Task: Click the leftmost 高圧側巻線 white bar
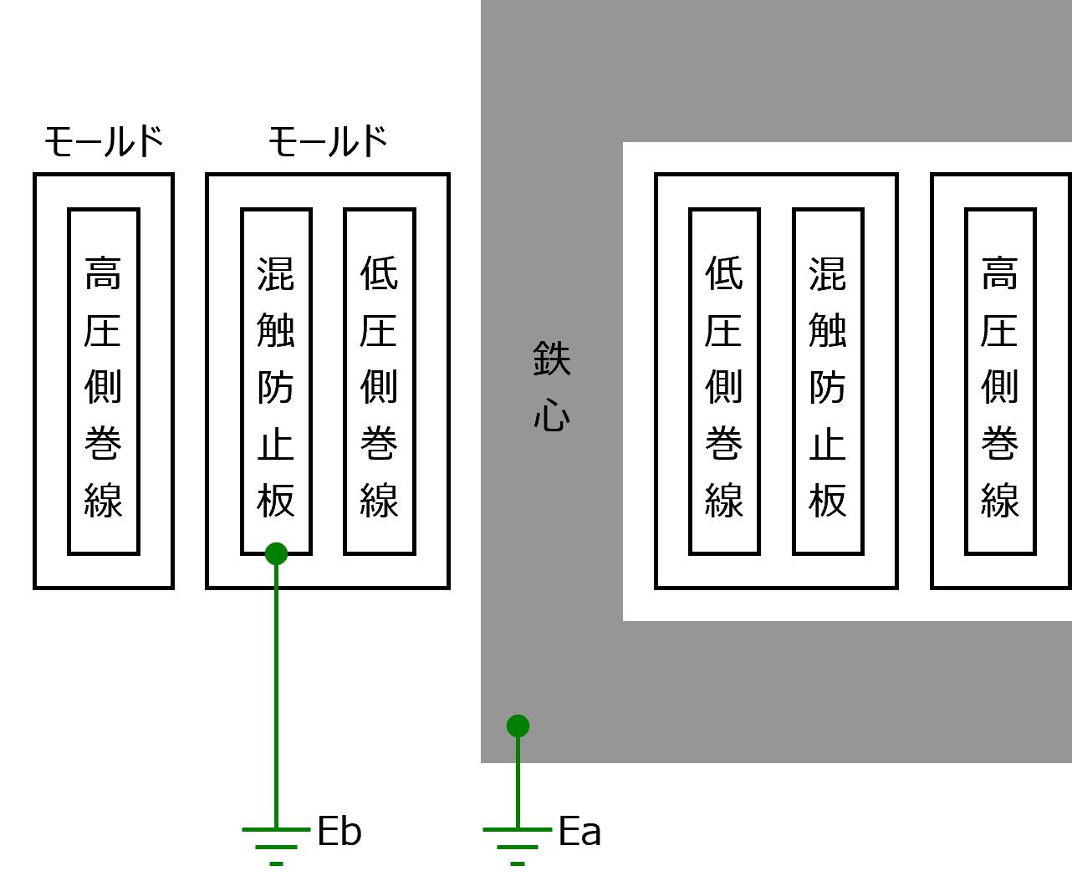point(104,381)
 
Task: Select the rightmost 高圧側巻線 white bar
point(1000,381)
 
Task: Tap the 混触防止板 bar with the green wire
point(276,381)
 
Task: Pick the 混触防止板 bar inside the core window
point(828,381)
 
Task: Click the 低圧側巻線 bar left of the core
point(380,381)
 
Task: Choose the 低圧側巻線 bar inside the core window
point(724,381)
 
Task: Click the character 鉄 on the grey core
point(552,359)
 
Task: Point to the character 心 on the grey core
point(552,415)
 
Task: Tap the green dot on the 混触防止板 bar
point(276,554)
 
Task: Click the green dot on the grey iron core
point(518,726)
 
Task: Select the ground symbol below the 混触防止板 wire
point(276,845)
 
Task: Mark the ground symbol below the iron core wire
point(518,845)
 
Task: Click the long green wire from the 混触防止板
point(276,694)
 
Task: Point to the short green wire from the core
point(518,782)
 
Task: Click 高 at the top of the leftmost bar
point(104,273)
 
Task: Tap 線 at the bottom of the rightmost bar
point(1000,500)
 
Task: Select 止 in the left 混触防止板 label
point(276,444)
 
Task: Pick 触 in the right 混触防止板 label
point(828,330)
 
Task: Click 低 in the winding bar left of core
point(380,273)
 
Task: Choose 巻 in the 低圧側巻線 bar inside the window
point(724,444)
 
